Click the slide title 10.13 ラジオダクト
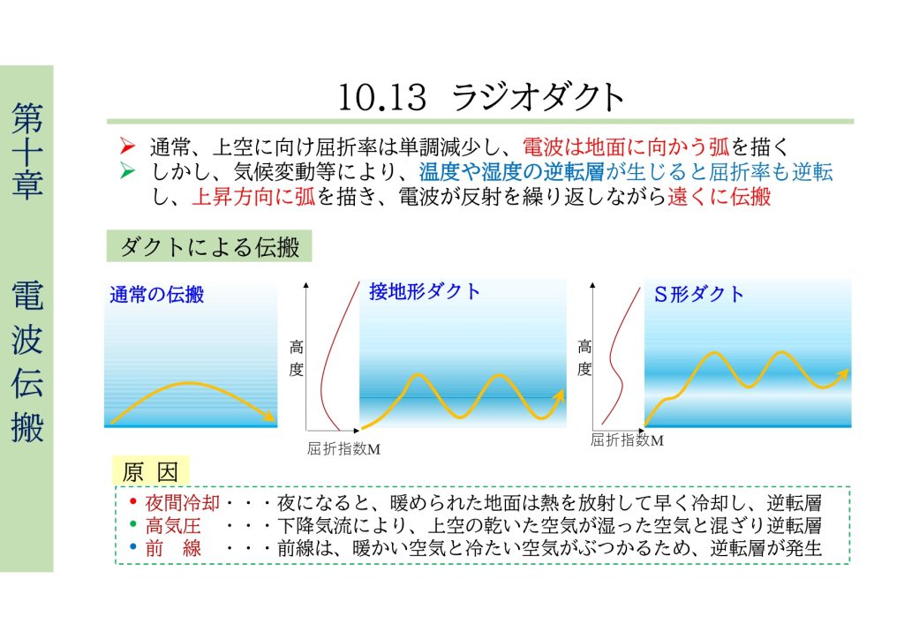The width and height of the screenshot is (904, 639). pos(480,97)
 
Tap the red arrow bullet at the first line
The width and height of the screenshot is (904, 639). pos(127,147)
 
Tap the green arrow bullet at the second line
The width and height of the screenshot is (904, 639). pos(127,171)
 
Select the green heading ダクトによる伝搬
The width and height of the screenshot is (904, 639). pos(209,246)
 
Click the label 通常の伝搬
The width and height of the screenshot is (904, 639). pos(157,295)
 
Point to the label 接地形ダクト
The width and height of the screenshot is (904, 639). pos(425,291)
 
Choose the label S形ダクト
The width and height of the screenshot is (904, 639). pos(699,295)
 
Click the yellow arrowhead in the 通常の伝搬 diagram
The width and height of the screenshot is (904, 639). pos(268,416)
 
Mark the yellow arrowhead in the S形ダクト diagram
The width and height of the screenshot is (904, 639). pos(842,375)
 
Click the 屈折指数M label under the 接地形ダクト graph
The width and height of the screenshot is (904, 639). pos(343,449)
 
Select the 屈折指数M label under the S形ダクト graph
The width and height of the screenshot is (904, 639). pos(627,440)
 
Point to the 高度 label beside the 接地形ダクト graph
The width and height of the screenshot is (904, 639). pos(297,357)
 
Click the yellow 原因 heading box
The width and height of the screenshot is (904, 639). pos(150,472)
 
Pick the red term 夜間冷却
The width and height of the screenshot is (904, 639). pos(182,503)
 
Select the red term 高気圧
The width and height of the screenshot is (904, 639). pos(173,525)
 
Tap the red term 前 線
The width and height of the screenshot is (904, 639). pos(173,548)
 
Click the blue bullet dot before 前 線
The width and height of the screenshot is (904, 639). pos(132,546)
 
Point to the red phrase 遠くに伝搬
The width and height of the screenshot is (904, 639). pos(719,197)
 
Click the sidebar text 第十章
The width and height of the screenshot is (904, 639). pos(27,152)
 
